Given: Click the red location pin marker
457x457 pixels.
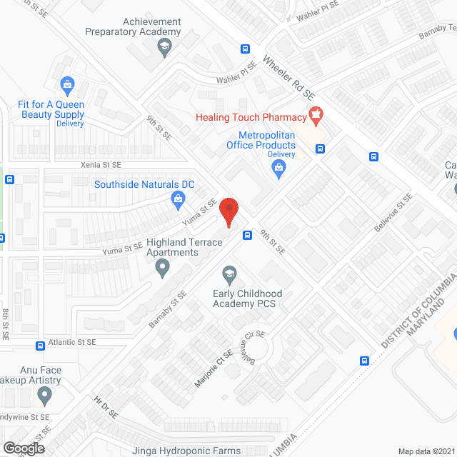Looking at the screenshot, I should coord(228,212).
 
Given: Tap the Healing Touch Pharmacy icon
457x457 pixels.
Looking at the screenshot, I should coord(316,114).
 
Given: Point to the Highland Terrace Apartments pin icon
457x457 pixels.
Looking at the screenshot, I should coord(163,269).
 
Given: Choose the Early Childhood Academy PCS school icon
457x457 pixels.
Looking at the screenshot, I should coord(228,272).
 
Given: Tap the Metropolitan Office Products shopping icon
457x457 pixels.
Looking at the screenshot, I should coord(279,169).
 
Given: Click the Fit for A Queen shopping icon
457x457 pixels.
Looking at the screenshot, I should coord(67,86).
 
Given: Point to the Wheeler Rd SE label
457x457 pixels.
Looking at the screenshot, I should coord(288,79).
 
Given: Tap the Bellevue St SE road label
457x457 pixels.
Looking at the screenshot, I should coord(393,213).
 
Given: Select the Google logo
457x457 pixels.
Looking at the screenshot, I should coord(23,448).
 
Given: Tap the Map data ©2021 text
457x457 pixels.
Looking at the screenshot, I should coord(426,451).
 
